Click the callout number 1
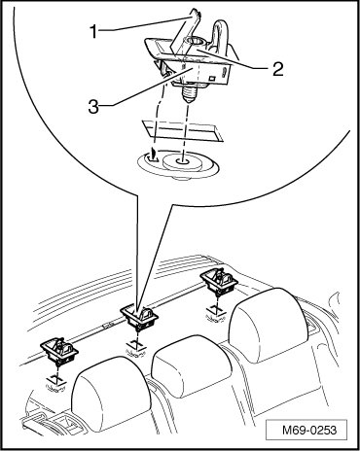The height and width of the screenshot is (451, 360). [x=93, y=32]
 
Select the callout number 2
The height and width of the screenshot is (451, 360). [x=277, y=68]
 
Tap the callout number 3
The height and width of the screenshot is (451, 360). [x=93, y=106]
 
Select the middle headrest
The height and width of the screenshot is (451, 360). [x=192, y=365]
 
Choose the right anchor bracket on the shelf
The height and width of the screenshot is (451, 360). [x=219, y=280]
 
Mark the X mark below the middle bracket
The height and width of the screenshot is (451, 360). [x=136, y=345]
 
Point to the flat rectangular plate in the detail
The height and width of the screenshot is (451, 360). [x=182, y=130]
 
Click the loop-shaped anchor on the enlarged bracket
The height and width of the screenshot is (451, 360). [x=221, y=35]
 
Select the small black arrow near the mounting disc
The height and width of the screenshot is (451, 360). [x=154, y=153]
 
